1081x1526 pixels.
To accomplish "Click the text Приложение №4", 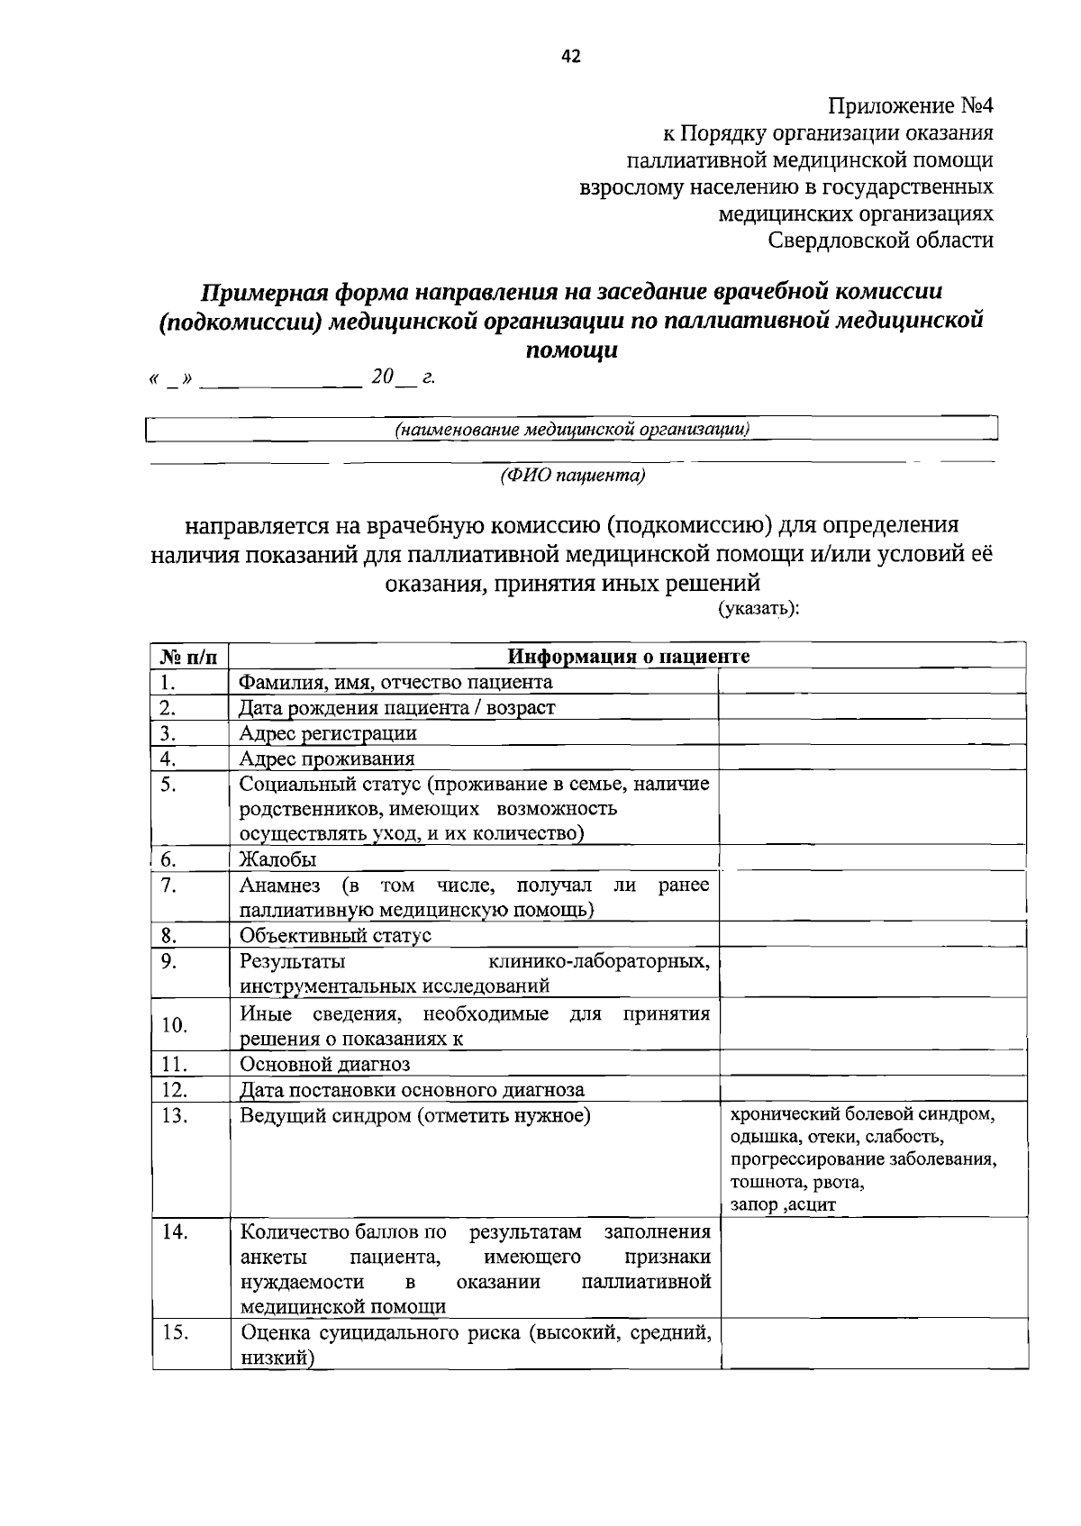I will tap(910, 106).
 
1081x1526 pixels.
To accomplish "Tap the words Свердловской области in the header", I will tap(880, 241).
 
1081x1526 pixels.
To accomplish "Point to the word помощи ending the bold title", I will tap(571, 350).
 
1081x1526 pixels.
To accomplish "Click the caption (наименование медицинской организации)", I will tap(573, 430).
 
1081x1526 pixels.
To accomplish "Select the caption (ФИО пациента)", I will tap(573, 476).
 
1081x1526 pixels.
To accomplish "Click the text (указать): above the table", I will tap(759, 608).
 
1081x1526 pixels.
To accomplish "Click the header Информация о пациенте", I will tap(628, 656).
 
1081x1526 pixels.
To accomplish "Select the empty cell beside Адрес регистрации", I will tap(872, 732).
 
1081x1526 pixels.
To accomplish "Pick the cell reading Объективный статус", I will tap(335, 935).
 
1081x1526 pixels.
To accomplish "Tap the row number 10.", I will tap(175, 1025).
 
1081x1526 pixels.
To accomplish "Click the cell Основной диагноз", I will tap(324, 1064).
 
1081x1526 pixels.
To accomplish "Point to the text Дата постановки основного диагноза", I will tap(412, 1090).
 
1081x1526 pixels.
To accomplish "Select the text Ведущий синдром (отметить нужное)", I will tap(415, 1116).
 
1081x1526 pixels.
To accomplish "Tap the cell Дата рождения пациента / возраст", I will tap(396, 707).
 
